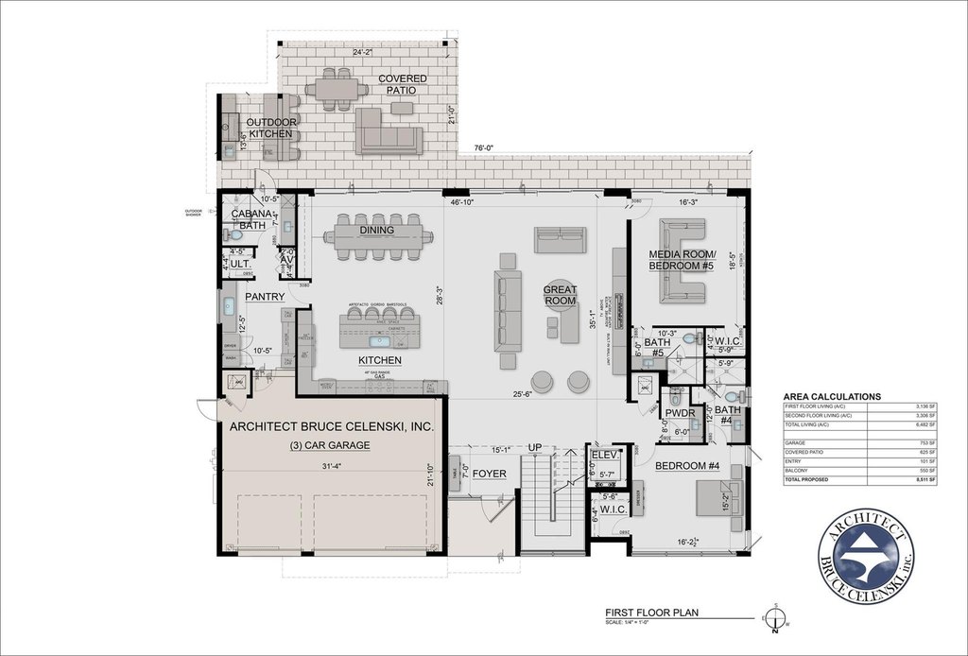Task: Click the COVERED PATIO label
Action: click(402, 84)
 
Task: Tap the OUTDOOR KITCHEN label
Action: click(270, 129)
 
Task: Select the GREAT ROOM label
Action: click(560, 295)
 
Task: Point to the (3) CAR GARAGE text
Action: click(330, 445)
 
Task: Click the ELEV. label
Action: click(604, 455)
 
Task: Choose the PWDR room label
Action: click(680, 413)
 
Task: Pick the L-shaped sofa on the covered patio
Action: click(388, 131)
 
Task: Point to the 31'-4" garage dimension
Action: click(330, 464)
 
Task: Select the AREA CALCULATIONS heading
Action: click(833, 397)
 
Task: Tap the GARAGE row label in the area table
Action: click(799, 442)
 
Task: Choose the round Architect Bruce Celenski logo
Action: click(869, 560)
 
